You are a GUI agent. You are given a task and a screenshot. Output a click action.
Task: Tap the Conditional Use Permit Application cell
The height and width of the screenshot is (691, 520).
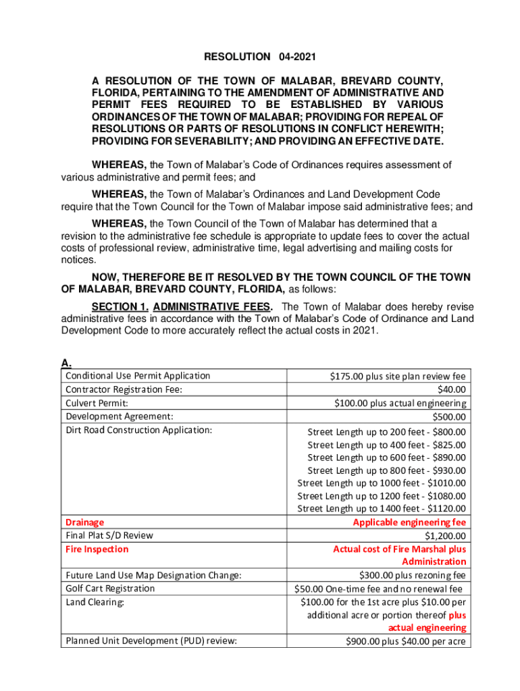pos(138,376)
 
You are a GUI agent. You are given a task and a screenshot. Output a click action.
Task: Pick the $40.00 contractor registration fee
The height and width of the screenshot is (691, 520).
pos(452,389)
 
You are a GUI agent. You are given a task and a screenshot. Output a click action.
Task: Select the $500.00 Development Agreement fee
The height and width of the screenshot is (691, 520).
pos(448,416)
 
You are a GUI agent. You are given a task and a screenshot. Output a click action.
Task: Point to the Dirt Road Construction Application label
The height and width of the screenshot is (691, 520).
pos(138,430)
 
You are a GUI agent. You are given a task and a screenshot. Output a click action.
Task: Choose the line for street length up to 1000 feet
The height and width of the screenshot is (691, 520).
pos(382,482)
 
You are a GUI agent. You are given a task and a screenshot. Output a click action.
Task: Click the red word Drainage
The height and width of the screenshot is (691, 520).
pos(84,522)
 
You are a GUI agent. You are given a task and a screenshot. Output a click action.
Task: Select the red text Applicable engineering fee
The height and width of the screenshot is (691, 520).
pos(409,522)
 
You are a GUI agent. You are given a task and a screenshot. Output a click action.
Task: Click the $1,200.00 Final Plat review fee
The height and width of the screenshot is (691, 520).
pos(445,536)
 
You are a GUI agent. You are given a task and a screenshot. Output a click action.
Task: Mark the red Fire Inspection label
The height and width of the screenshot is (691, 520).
pos(97,549)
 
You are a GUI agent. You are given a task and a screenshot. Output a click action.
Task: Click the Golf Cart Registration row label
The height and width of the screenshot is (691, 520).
pos(109,588)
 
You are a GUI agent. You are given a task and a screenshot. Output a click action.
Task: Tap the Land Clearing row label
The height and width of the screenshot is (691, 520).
pos(95,602)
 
